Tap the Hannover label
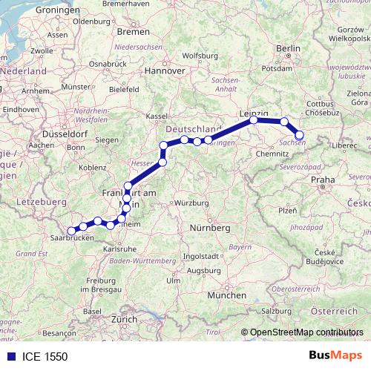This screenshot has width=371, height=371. click(164, 71)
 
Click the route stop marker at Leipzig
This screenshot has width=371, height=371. click(254, 119)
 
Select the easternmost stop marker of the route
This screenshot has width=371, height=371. click(300, 135)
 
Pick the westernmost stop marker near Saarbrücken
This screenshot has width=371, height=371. click(72, 231)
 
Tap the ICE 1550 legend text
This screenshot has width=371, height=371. click(45, 356)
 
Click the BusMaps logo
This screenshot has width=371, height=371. click(335, 356)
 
